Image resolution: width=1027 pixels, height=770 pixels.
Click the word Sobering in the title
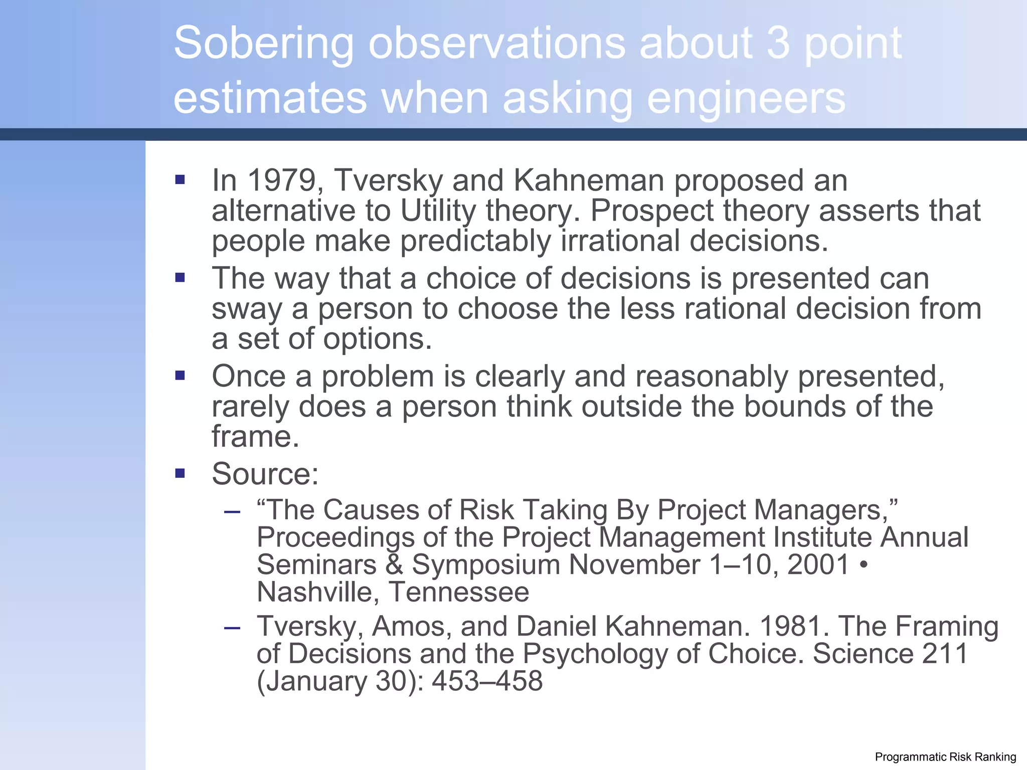tap(264, 44)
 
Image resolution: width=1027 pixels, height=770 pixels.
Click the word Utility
tap(438, 211)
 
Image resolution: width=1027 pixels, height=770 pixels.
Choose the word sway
tap(247, 309)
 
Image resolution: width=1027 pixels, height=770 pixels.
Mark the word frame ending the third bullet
tap(255, 437)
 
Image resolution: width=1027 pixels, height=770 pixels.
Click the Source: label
tap(265, 474)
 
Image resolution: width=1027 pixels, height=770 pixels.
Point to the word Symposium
tap(485, 565)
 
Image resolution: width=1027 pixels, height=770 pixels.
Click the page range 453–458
tap(487, 681)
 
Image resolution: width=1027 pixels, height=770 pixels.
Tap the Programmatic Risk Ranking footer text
tap(945, 757)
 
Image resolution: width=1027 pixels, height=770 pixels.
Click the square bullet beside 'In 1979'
tap(180, 179)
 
